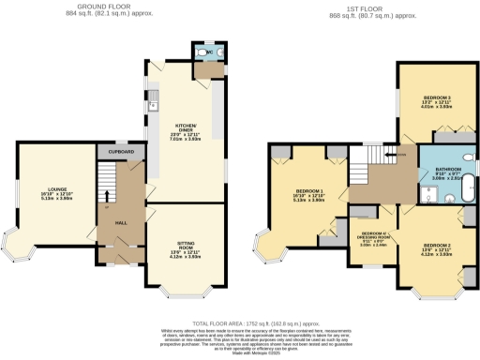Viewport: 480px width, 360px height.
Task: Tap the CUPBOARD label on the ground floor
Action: coord(119,151)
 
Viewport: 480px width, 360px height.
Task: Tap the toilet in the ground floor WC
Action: coord(203,53)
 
